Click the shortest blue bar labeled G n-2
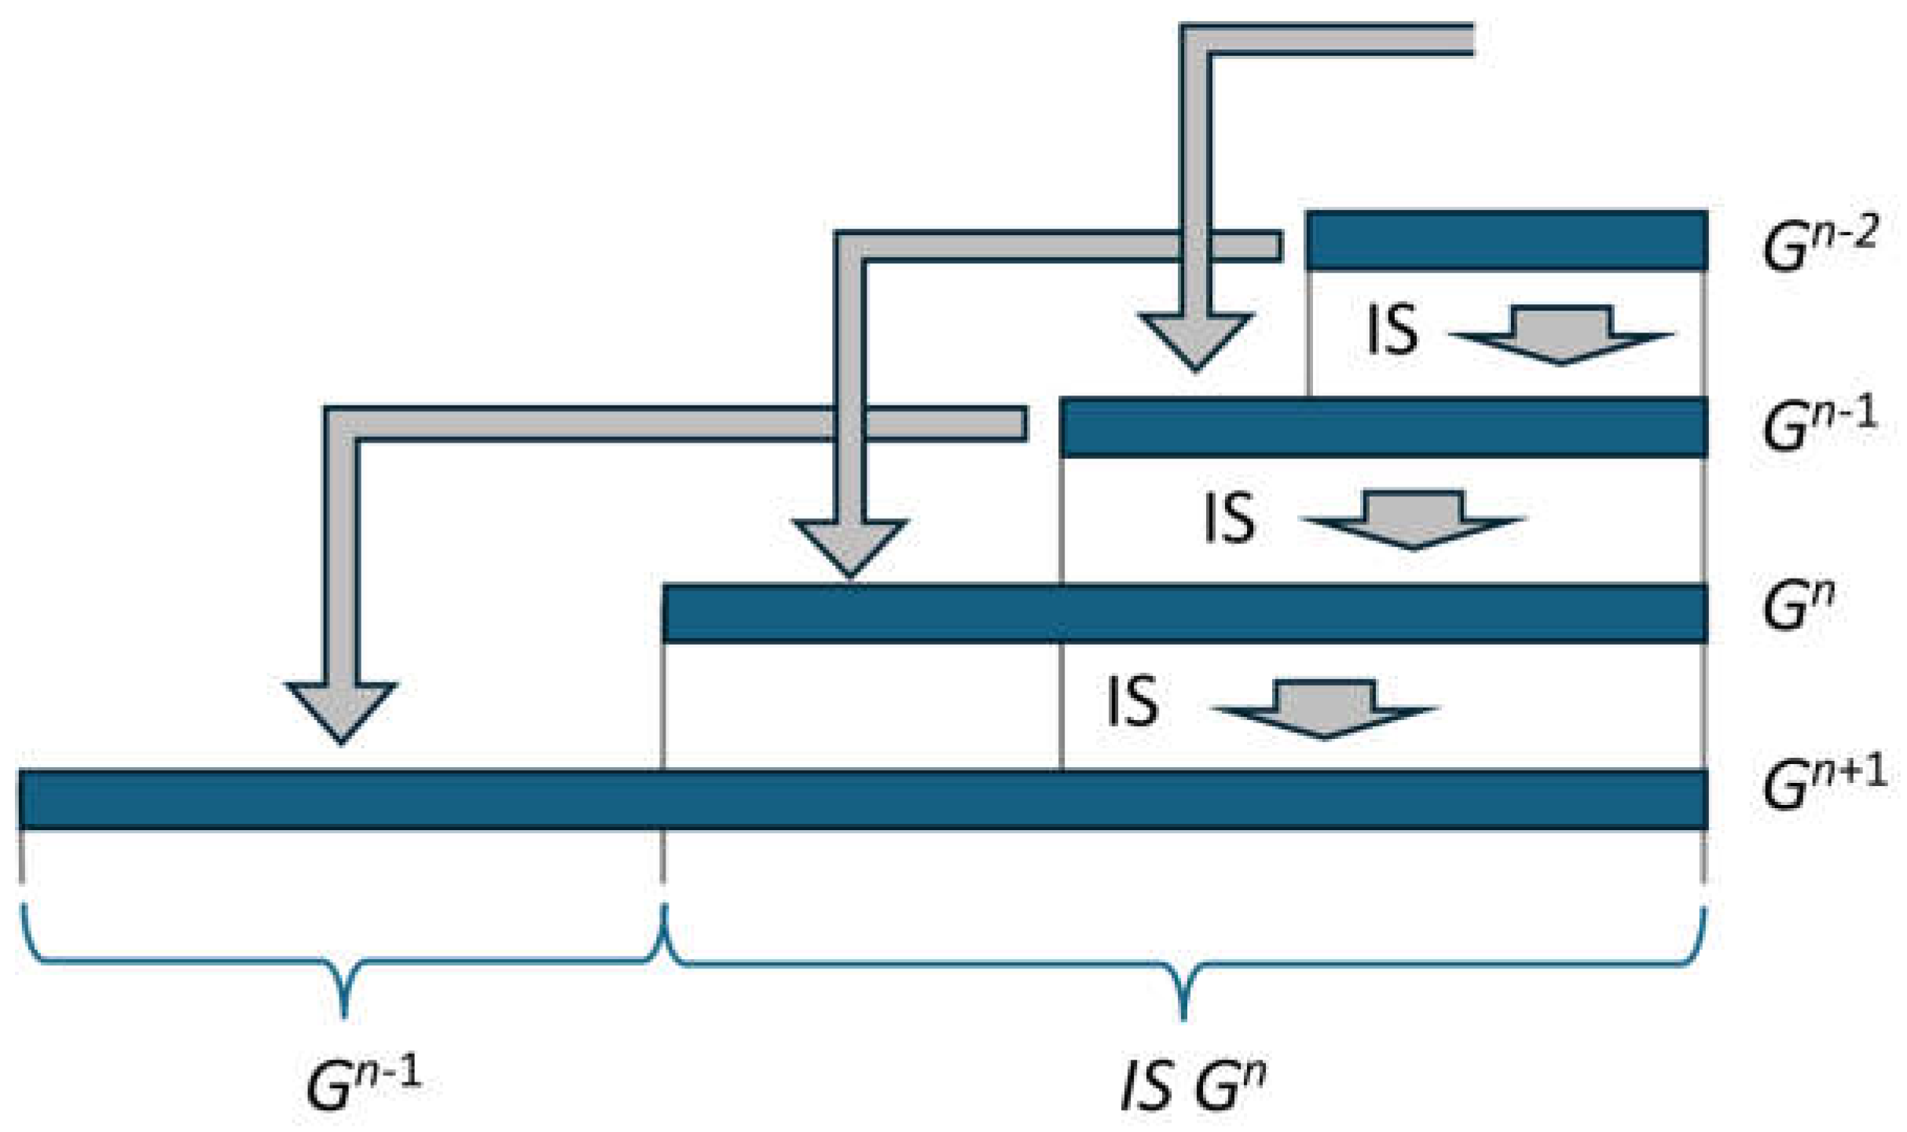point(1505,241)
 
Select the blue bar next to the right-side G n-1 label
point(1383,428)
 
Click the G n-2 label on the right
point(1820,244)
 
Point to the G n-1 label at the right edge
point(1820,425)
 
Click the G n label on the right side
point(1799,606)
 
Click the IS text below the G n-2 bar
point(1392,330)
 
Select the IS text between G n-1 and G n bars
point(1229,517)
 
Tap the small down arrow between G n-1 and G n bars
point(1413,521)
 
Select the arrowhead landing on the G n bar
point(849,546)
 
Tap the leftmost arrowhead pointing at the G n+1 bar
point(341,711)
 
